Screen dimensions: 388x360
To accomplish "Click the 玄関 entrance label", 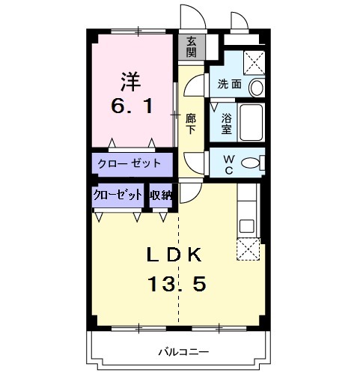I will [192, 47].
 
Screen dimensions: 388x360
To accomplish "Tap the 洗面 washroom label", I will [230, 84].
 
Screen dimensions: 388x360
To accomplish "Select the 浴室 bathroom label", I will [227, 123].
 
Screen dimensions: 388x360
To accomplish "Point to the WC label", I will [229, 163].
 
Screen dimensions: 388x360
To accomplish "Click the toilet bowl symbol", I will [252, 163].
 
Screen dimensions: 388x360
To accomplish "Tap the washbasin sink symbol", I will [256, 87].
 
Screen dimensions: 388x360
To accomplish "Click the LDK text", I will [174, 255].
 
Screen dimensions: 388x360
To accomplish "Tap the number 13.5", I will [176, 285].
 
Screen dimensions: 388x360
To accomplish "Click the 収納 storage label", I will [161, 195].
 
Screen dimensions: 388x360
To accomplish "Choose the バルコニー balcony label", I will [183, 351].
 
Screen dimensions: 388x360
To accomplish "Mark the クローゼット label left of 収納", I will [118, 195].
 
